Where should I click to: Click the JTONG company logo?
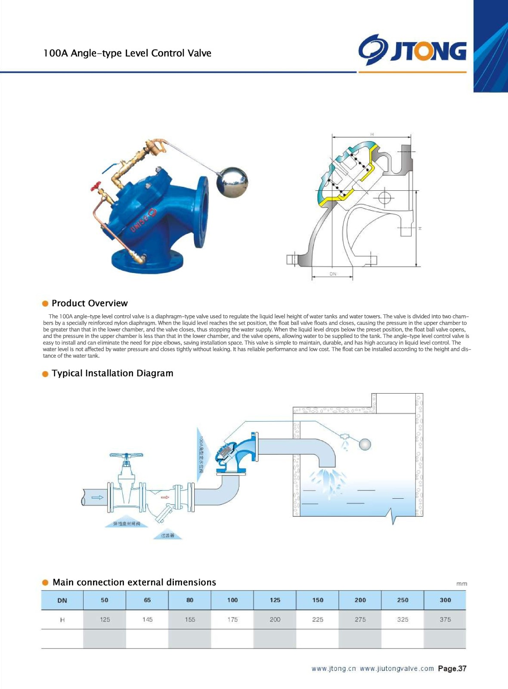412,50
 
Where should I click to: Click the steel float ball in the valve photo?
232,182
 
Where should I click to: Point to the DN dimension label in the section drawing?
333,274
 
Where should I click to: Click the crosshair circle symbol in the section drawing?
384,198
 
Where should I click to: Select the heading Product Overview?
90,303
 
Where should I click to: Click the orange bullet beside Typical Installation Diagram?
45,374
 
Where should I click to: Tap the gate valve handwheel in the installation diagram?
126,456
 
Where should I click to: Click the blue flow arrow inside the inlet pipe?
98,497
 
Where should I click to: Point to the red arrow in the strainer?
164,497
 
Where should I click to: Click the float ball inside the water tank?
365,444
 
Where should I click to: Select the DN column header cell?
62,600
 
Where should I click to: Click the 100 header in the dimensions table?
232,600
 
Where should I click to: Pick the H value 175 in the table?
232,620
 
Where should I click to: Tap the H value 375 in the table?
445,620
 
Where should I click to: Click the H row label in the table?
62,620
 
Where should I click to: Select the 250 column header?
403,600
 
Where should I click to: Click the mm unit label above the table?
462,584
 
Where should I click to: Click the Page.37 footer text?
452,669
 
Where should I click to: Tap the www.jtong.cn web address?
334,669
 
